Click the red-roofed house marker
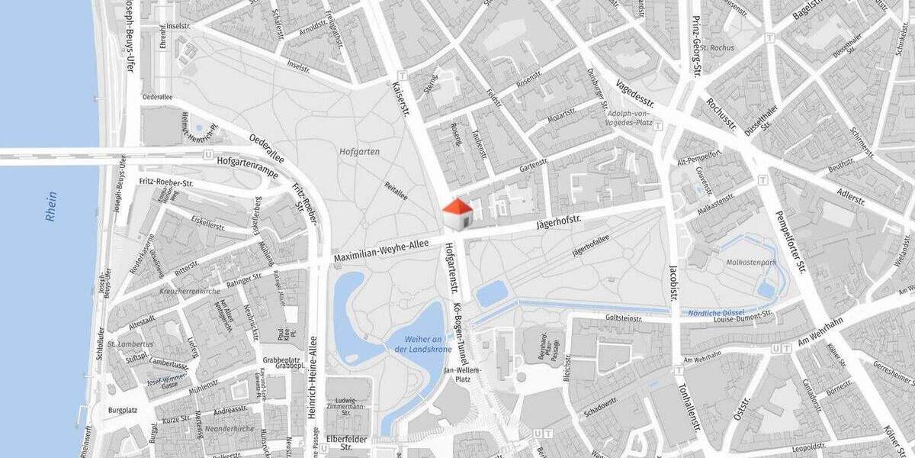(x=457, y=214)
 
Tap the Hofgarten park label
(x=360, y=152)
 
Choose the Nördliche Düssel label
(x=716, y=313)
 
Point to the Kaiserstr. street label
(x=401, y=99)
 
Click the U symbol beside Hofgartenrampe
(x=208, y=154)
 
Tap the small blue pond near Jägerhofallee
(x=492, y=293)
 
